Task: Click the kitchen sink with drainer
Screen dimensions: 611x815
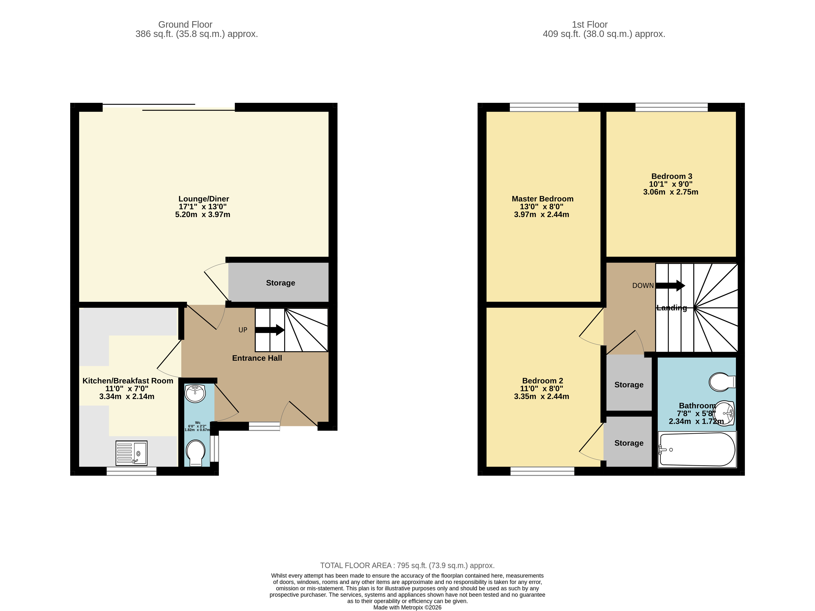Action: (131, 453)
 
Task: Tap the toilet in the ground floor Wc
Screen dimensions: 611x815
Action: (195, 453)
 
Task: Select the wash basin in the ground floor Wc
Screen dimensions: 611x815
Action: (195, 394)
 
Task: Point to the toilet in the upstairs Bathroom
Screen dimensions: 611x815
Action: (721, 382)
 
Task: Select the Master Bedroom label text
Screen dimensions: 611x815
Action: (542, 199)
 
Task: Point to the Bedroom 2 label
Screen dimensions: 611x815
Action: (542, 381)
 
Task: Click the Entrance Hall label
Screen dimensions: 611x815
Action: (257, 358)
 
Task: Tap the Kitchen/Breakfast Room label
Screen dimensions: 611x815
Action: (128, 381)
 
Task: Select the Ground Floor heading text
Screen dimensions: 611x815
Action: (185, 24)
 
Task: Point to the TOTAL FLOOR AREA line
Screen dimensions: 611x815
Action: (407, 565)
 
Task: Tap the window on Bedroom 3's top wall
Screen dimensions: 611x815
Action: (671, 107)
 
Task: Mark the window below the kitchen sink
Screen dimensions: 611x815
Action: (132, 471)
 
